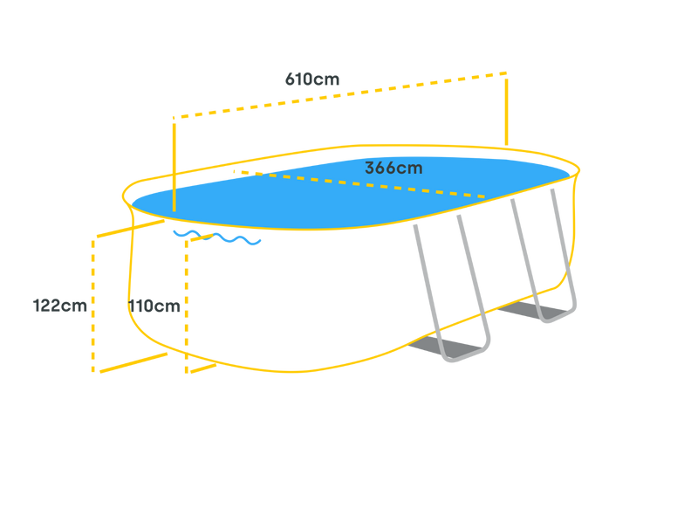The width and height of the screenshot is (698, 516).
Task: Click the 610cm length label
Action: (312, 79)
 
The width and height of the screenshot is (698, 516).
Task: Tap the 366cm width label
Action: (393, 168)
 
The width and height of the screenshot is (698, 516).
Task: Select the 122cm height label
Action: (59, 306)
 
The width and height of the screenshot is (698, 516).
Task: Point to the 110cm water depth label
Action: (154, 306)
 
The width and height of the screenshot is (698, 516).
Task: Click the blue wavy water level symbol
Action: (217, 237)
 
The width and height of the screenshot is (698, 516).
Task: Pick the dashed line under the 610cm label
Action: (339, 95)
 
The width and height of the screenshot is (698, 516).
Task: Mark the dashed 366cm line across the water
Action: (359, 183)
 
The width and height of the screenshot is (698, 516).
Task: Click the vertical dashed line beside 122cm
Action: (93, 306)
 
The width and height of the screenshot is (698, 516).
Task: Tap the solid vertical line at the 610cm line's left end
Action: (174, 168)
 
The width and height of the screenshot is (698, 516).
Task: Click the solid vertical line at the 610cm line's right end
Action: (507, 112)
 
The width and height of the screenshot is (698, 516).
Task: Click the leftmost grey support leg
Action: (429, 290)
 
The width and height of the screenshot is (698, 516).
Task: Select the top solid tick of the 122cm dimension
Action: (131, 228)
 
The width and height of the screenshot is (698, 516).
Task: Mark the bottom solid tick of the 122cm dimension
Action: (133, 362)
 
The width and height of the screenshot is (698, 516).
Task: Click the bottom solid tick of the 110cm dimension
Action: (203, 369)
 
